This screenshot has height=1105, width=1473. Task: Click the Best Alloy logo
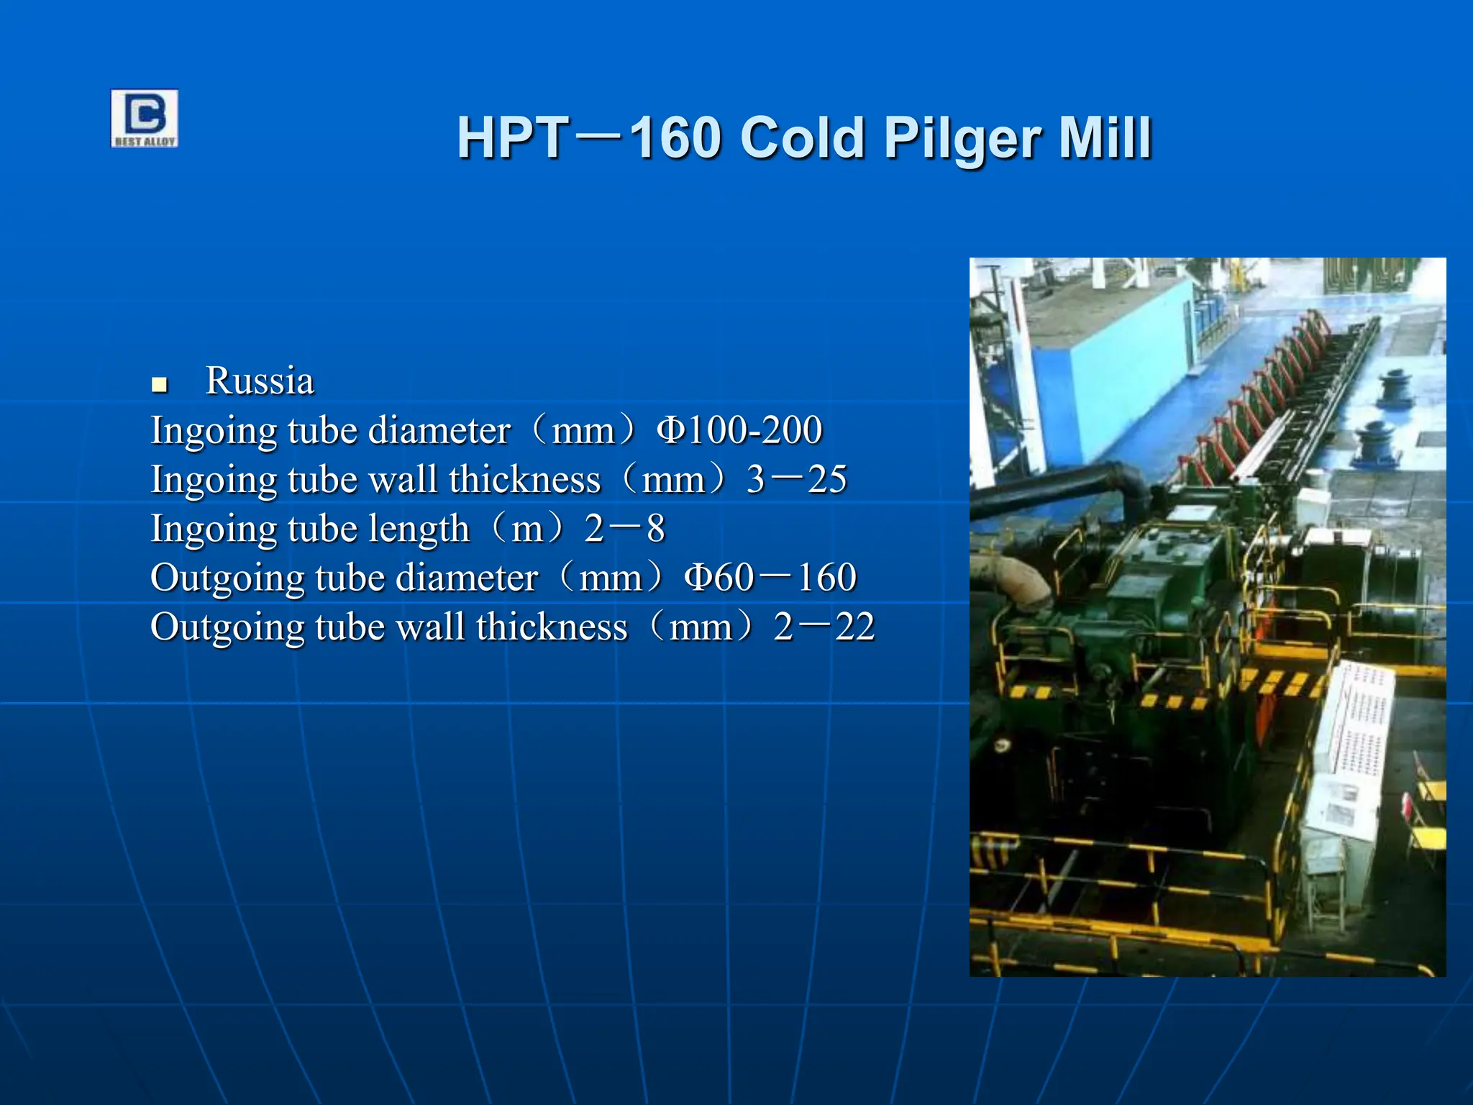tap(144, 119)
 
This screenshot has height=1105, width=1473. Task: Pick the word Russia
tap(260, 381)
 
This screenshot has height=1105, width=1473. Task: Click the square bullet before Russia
tap(160, 385)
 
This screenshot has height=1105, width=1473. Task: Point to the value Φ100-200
tap(739, 430)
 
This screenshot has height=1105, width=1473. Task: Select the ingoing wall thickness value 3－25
tap(796, 479)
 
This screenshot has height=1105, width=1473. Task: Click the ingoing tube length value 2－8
tap(624, 529)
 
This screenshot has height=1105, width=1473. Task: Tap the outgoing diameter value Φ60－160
tap(770, 578)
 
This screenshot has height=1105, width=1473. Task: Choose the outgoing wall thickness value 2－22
tap(824, 627)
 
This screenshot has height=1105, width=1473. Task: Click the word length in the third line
tap(418, 529)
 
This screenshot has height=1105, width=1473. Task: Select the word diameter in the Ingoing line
tap(439, 430)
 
